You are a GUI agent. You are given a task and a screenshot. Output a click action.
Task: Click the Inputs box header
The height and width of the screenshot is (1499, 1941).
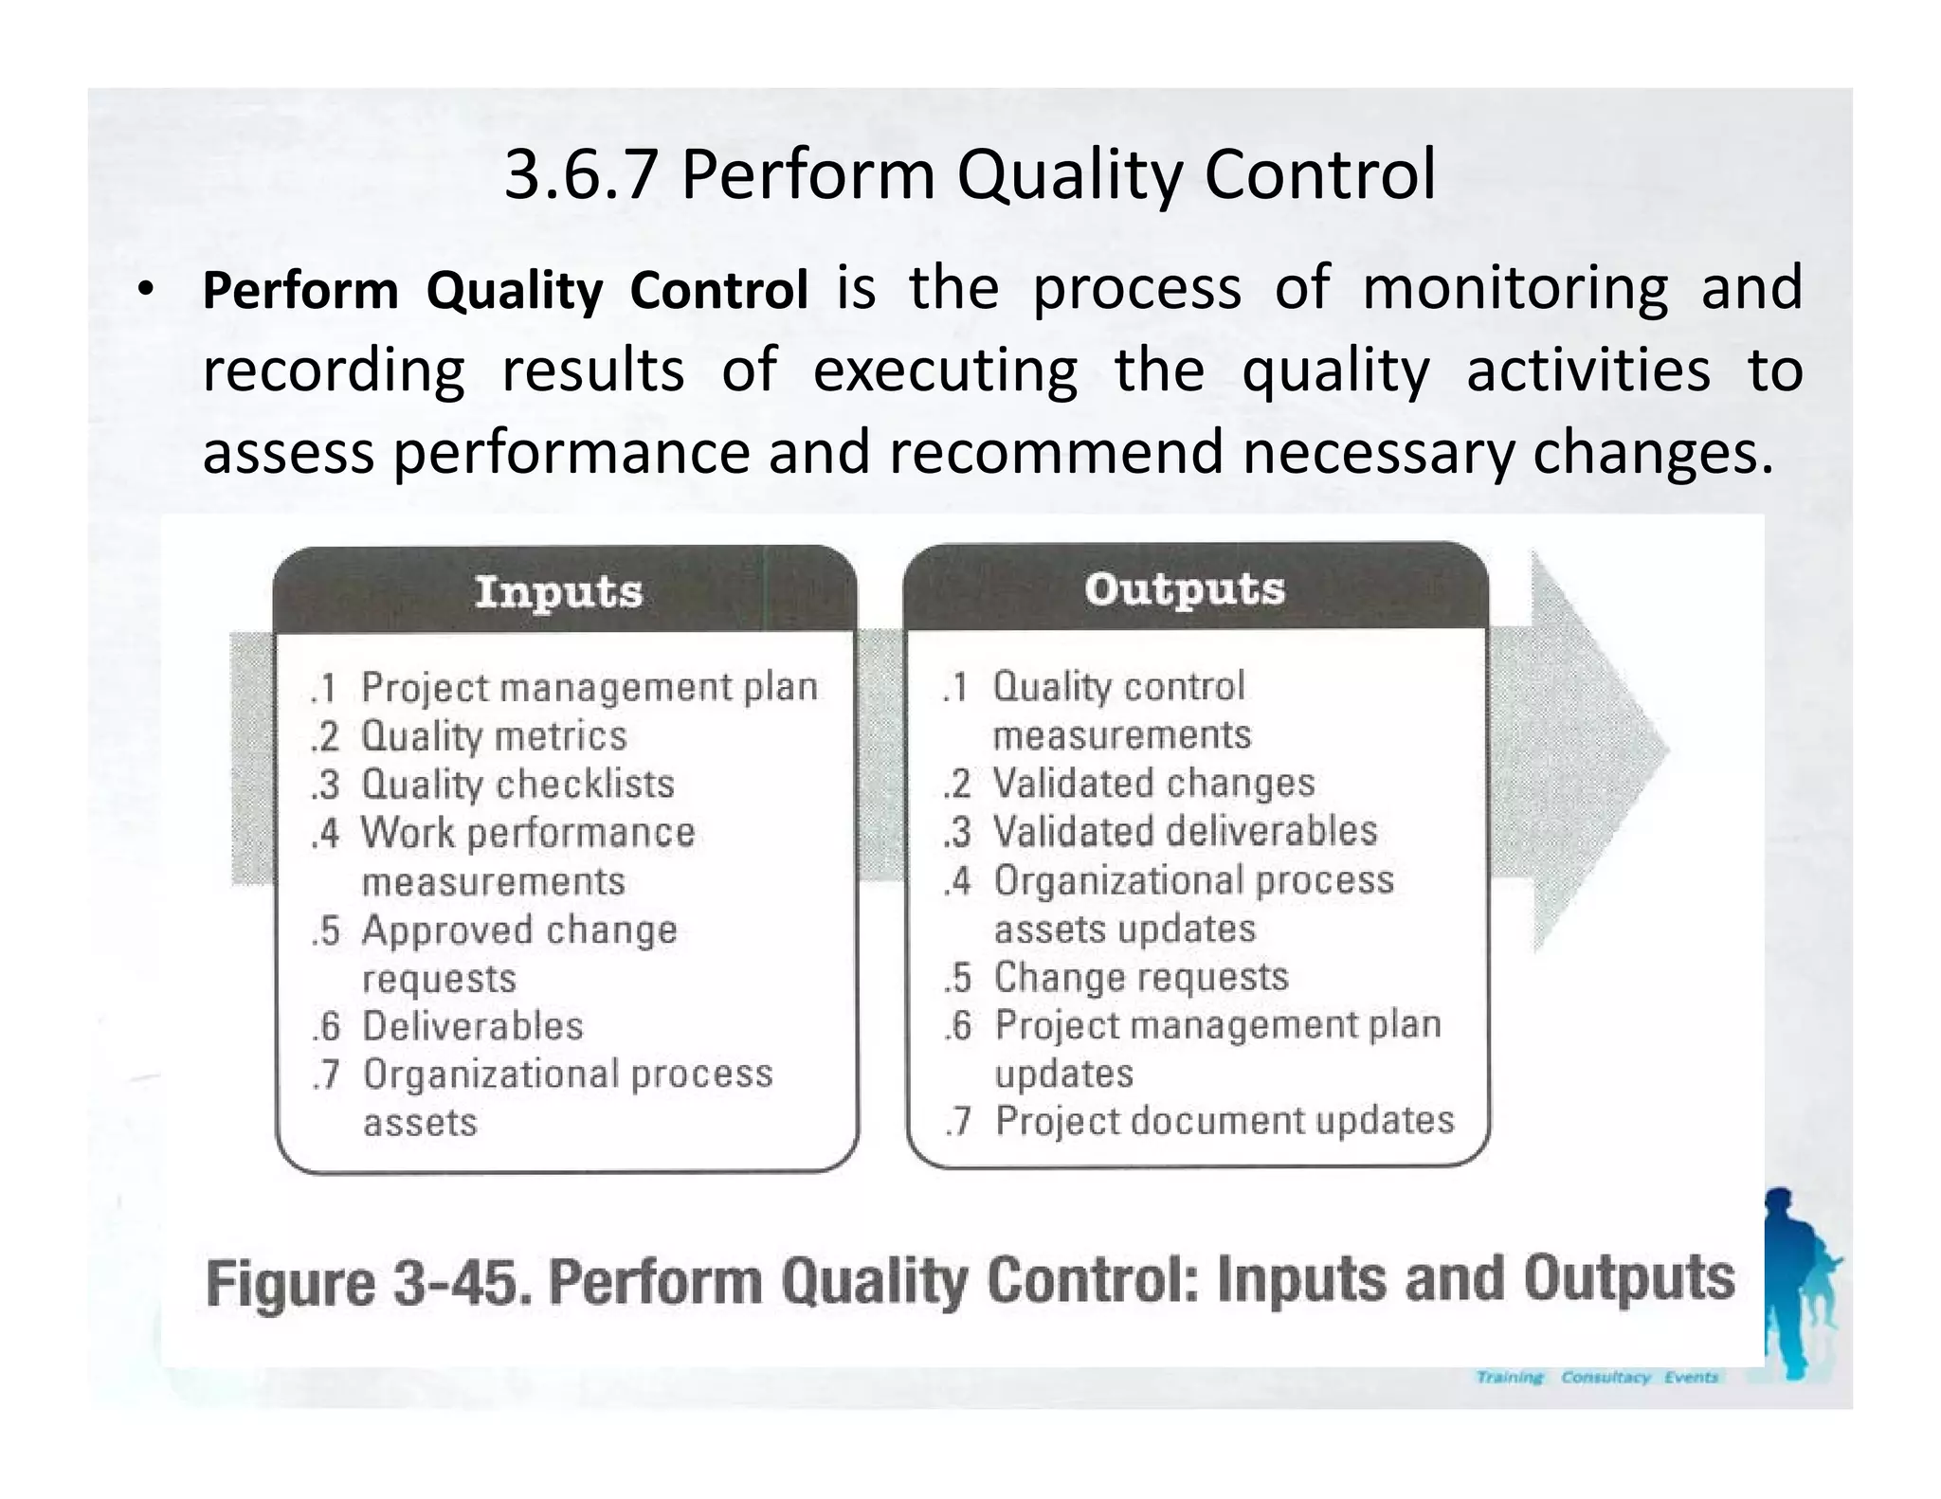point(559,591)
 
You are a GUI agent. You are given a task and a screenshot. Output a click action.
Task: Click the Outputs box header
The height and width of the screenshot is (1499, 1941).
point(1185,588)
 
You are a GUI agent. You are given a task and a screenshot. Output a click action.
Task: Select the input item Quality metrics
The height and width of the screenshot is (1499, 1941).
point(494,736)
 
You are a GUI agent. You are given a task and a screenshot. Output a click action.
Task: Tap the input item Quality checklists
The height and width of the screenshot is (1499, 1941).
point(517,785)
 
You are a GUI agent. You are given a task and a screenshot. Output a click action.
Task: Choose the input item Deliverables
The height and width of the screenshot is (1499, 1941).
point(472,1026)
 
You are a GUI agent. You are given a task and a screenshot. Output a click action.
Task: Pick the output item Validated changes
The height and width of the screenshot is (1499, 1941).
point(1153,783)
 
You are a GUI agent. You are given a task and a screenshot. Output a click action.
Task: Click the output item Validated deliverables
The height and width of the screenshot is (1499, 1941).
point(1185,831)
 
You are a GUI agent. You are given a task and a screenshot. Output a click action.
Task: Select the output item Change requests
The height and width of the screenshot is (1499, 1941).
point(1141,977)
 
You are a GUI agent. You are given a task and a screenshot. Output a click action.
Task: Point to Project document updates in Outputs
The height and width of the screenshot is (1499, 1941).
point(1224,1121)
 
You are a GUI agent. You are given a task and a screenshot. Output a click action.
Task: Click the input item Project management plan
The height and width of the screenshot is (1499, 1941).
point(589,687)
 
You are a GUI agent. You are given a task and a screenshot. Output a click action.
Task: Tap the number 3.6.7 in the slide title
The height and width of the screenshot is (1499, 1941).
point(580,175)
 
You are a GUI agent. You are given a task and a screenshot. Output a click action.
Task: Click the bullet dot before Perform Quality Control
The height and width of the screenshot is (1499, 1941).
point(144,290)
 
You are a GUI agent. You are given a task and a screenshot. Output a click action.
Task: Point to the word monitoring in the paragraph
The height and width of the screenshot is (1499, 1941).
point(1515,288)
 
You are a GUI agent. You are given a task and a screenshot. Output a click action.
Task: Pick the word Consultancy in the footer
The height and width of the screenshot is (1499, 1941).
point(1605,1377)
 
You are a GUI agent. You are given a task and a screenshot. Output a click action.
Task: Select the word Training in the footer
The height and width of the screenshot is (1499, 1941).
point(1510,1377)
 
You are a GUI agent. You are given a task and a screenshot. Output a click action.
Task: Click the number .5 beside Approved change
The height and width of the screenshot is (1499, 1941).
point(325,930)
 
